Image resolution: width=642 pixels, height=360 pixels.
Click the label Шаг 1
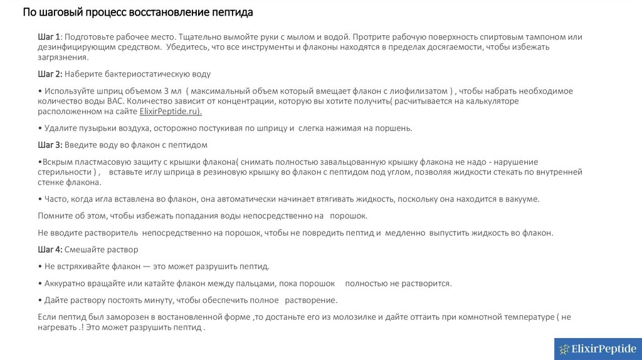coord(49,37)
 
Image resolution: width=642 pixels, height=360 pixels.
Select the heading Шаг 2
coord(50,73)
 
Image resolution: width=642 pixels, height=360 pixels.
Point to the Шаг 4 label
coord(50,250)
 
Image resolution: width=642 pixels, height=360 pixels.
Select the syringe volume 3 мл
coord(171,91)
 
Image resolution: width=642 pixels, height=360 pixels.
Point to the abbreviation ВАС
coord(117,100)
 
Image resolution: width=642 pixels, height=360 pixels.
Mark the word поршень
coord(394,128)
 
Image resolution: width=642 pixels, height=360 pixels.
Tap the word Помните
coord(55,216)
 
